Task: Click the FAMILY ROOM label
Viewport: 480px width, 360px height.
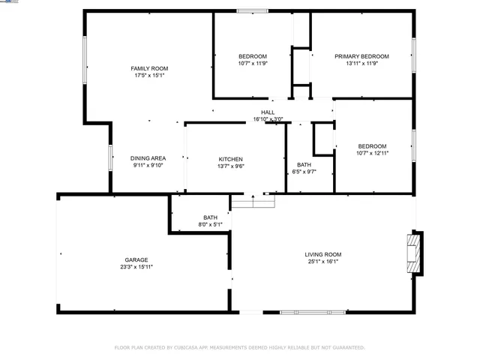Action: (149, 68)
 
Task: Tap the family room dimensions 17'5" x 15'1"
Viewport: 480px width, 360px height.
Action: (149, 76)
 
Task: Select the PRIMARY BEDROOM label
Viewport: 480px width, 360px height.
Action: (361, 56)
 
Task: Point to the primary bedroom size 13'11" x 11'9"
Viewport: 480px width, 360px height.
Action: (361, 64)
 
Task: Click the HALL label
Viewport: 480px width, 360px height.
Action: (268, 112)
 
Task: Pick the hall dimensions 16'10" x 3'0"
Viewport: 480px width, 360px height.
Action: (268, 119)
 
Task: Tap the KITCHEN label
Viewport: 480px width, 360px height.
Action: (230, 159)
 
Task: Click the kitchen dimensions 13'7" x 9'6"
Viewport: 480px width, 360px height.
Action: (230, 166)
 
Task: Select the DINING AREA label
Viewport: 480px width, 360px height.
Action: (148, 158)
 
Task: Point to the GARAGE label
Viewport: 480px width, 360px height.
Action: (136, 259)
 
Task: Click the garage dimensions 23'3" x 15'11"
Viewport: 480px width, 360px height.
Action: (136, 267)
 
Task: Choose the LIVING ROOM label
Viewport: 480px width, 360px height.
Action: (323, 254)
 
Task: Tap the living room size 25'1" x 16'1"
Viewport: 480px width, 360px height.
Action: (323, 262)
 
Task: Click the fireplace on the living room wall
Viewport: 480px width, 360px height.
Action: (413, 255)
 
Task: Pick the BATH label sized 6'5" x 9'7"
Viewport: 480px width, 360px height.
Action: (303, 164)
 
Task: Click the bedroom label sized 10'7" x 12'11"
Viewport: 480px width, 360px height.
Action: (372, 145)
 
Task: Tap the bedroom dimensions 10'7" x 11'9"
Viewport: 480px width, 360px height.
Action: (253, 64)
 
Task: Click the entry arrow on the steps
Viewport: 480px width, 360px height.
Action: (253, 199)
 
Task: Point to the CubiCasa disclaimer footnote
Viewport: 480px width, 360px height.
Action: (239, 347)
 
